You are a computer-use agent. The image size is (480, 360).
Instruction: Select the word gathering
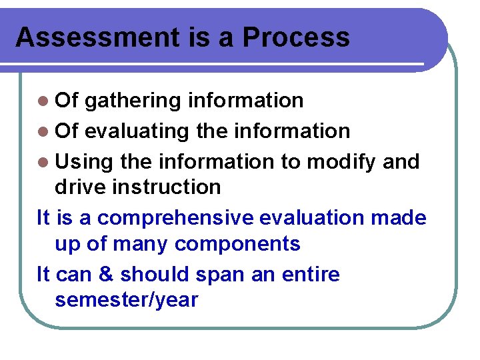[133, 101]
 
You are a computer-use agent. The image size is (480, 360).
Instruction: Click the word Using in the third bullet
[84, 162]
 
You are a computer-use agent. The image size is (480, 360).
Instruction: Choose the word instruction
[167, 187]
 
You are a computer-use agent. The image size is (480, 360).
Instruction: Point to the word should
[151, 274]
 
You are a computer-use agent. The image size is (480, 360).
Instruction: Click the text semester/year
[127, 300]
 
